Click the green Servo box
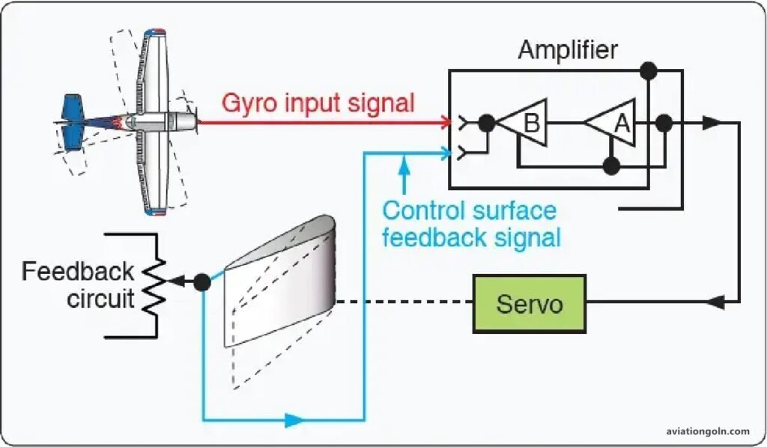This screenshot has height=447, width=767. (530, 303)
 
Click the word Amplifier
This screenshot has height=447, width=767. (568, 51)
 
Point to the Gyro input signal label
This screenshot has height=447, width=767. (318, 103)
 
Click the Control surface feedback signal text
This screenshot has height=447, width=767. (470, 224)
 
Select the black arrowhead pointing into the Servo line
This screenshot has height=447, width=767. (716, 303)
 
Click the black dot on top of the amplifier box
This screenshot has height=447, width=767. (649, 71)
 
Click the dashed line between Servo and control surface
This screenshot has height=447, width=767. (404, 303)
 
